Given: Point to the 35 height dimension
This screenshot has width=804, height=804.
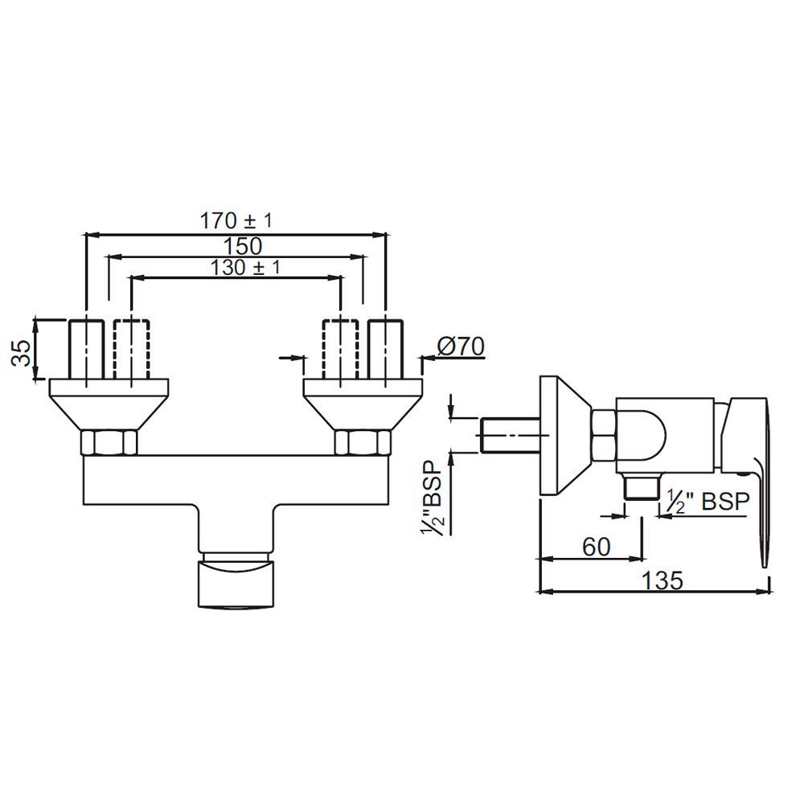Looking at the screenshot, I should click(24, 351).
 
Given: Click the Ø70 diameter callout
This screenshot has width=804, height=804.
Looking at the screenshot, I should click(460, 347).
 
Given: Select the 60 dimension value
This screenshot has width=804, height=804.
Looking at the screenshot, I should click(596, 547).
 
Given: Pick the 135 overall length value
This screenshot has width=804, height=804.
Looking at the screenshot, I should click(664, 580).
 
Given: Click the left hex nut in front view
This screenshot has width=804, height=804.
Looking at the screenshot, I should click(110, 442).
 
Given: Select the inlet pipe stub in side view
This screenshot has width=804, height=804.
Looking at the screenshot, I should click(509, 433).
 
